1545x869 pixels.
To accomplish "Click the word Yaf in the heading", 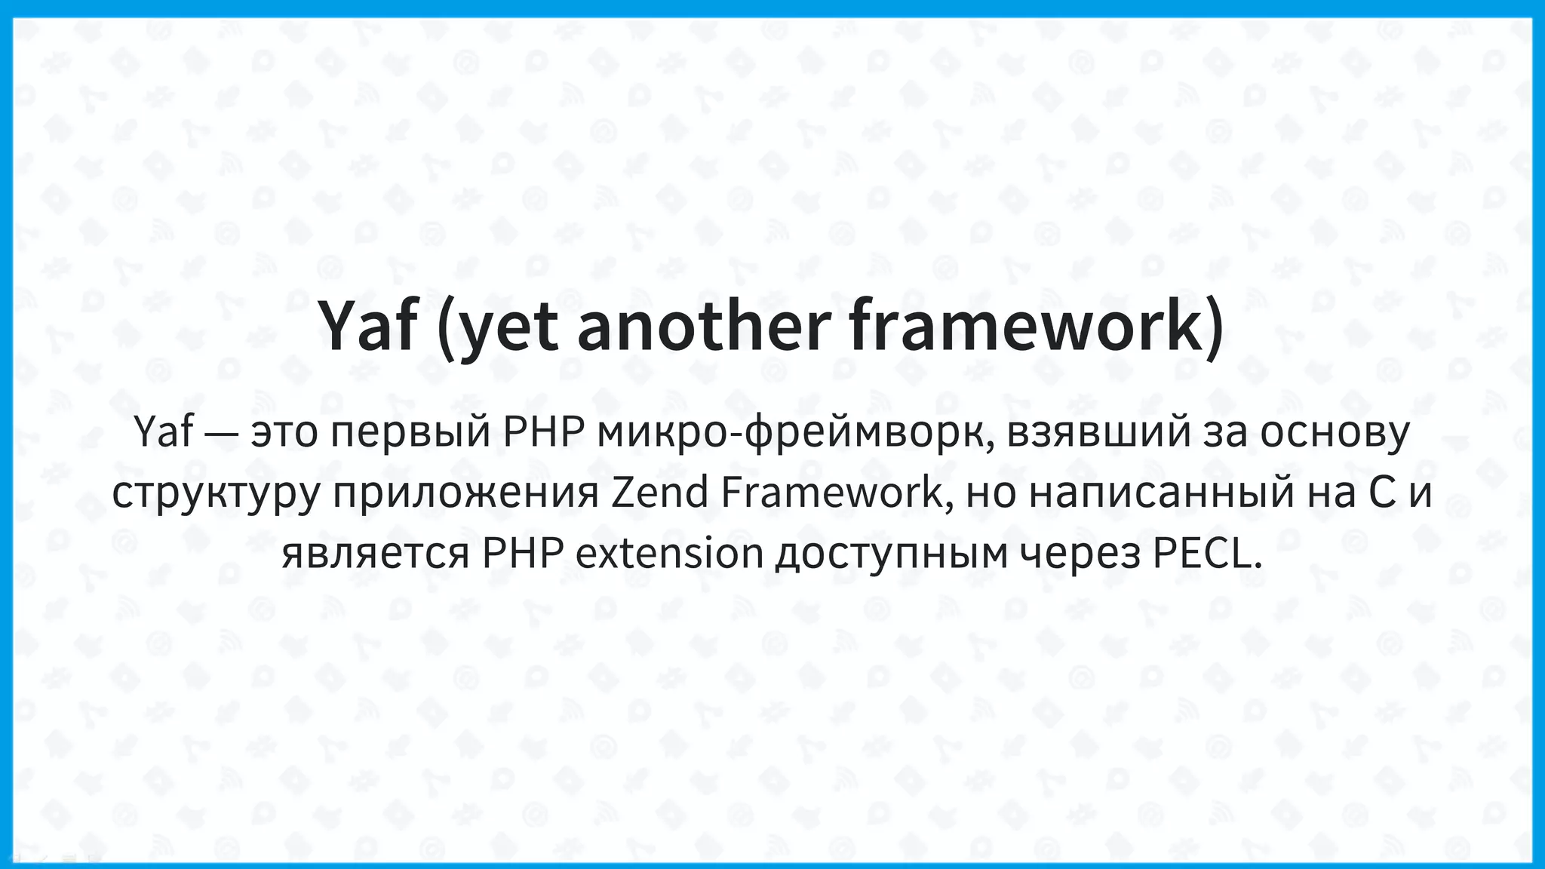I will click(x=367, y=326).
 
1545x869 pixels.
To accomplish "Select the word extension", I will click(x=669, y=553).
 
